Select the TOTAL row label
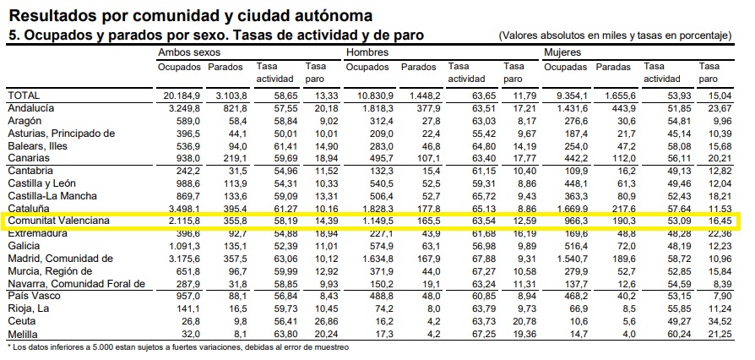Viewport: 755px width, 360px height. pyautogui.click(x=24, y=96)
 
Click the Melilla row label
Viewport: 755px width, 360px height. pyautogui.click(x=23, y=334)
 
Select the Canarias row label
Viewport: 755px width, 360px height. pyautogui.click(x=29, y=157)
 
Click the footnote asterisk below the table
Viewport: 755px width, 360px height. pyautogui.click(x=9, y=346)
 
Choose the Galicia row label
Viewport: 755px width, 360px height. pyautogui.click(x=24, y=246)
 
